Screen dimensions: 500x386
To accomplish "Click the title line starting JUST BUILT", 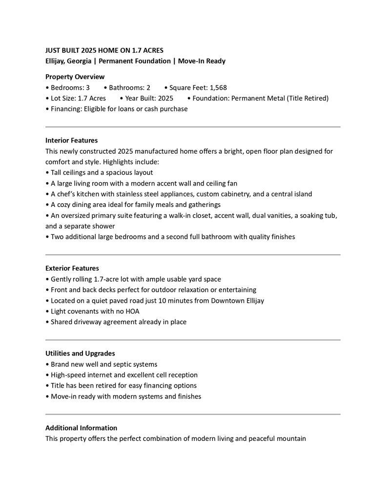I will tap(104, 50).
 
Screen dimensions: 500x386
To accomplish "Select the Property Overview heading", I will tap(75, 77).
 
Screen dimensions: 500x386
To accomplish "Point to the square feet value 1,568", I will tap(218, 88).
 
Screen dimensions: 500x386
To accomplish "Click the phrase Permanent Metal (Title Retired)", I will tap(280, 98).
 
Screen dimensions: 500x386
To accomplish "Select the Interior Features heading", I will tap(71, 141).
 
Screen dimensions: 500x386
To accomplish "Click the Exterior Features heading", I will tap(72, 268).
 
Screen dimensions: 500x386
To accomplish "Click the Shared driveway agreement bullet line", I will tap(118, 322).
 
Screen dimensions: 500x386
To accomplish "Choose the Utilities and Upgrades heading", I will tap(80, 354).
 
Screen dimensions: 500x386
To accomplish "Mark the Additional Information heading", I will tap(81, 428).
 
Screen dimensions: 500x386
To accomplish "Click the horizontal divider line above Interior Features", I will tap(193, 127).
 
